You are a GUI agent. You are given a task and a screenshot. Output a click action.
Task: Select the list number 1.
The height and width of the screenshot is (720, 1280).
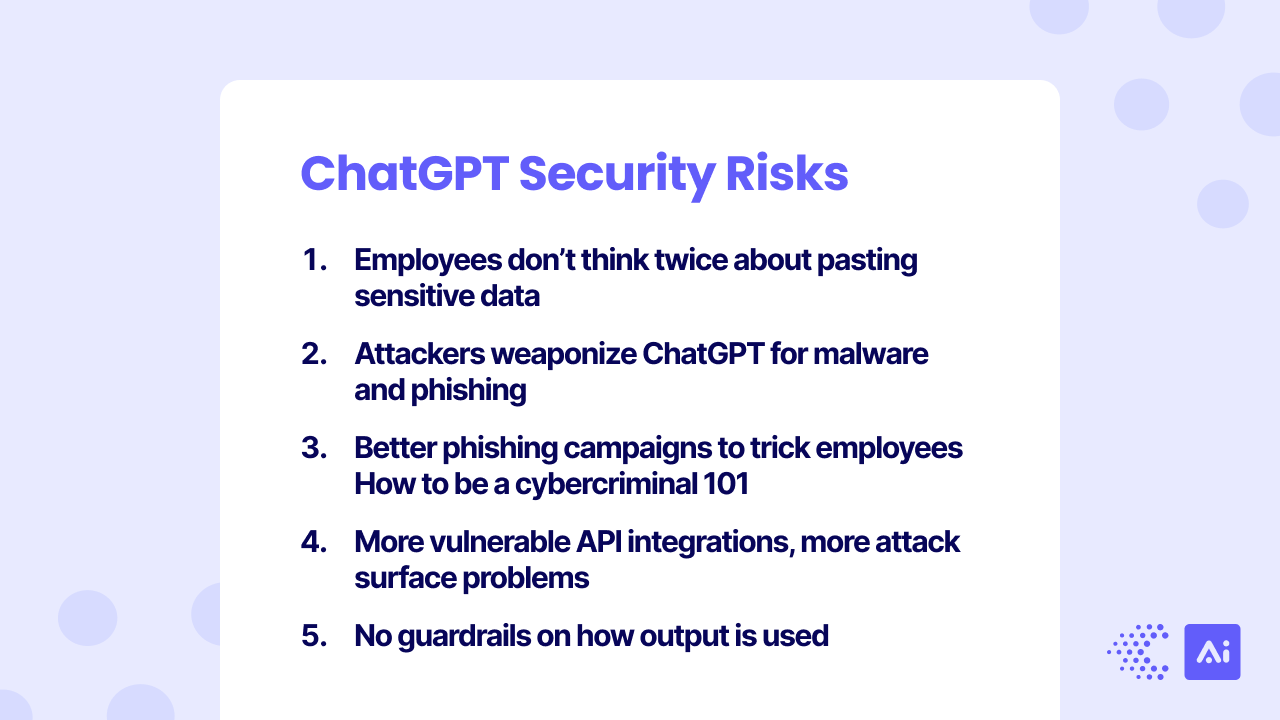tap(313, 260)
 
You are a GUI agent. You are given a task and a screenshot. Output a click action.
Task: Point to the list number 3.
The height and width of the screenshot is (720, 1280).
tap(314, 448)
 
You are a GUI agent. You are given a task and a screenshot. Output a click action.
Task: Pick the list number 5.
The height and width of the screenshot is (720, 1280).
tap(314, 636)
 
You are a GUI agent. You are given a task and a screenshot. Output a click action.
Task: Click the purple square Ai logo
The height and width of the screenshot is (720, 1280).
tap(1212, 652)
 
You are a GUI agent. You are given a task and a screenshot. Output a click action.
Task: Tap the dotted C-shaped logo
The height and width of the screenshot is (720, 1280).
tap(1138, 652)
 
